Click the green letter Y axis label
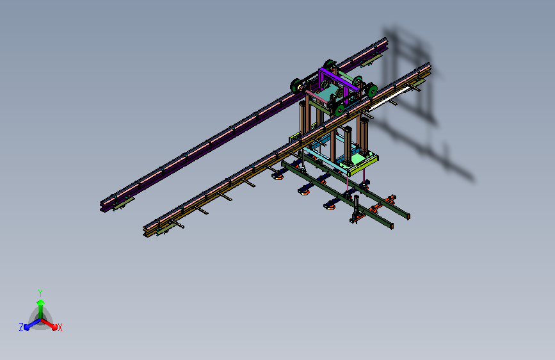coord(40,293)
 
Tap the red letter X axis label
coord(60,327)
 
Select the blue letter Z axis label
coord(21,327)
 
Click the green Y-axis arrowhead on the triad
coord(40,302)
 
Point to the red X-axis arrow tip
coord(54,327)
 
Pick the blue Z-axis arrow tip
coord(26,327)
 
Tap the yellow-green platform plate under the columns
coord(364,165)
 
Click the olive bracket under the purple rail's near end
coord(124,204)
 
